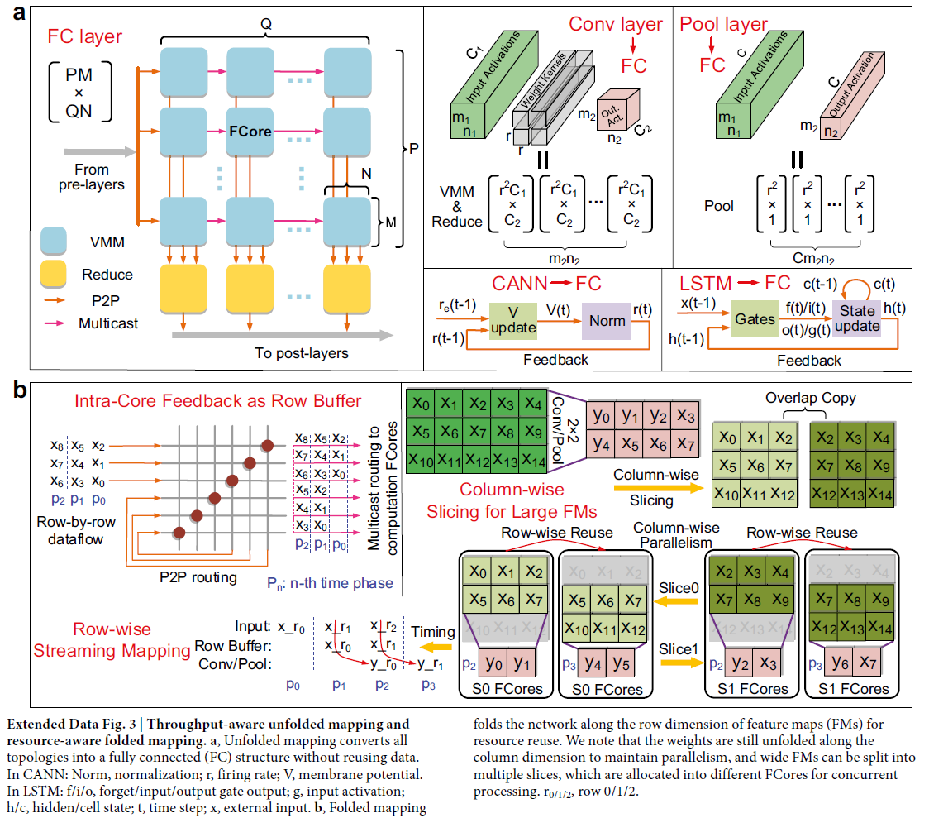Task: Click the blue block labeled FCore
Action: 250,130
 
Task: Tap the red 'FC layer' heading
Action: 85,36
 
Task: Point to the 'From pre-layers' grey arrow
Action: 98,152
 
